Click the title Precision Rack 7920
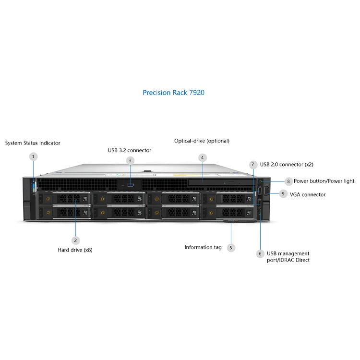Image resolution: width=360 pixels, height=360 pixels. (173, 93)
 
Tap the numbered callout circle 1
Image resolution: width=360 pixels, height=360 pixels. (33, 156)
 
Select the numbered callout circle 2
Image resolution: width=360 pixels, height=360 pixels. (75, 240)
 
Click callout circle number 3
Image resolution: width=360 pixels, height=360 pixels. (130, 160)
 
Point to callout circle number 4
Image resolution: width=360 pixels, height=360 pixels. (203, 157)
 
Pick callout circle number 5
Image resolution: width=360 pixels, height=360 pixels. (231, 248)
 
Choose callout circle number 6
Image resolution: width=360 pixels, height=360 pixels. (260, 253)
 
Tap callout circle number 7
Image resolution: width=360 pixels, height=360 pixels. (253, 165)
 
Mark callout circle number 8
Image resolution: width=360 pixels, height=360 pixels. (288, 181)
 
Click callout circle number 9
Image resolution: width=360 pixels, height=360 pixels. (283, 194)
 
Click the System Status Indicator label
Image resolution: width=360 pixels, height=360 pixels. (33, 143)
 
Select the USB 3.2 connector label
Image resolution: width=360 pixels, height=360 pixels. (129, 150)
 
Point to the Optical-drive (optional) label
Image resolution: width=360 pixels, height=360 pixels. (202, 141)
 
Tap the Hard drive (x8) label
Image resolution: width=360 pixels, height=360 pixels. (75, 250)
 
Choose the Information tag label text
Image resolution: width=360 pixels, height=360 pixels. (203, 248)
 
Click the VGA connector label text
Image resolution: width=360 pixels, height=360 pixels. (308, 194)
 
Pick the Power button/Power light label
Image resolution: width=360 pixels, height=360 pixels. (324, 181)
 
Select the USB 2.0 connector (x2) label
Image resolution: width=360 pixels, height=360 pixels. (287, 165)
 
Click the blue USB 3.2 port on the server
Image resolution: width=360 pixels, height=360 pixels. (130, 184)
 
